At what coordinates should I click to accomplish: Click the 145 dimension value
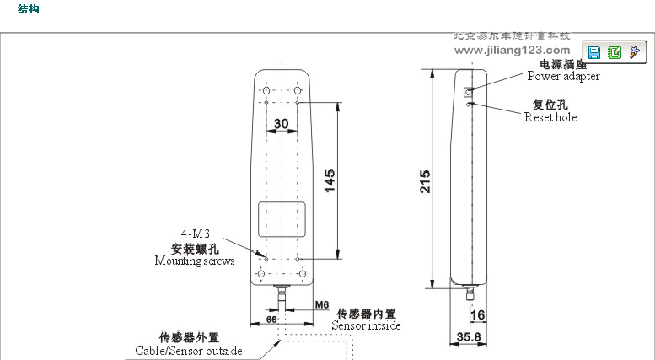(x=330, y=180)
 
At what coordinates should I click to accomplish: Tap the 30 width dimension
(x=282, y=123)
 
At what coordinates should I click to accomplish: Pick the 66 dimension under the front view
(x=271, y=320)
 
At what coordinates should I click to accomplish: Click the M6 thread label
(x=321, y=304)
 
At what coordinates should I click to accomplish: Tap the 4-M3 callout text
(x=195, y=234)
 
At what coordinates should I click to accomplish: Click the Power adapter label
(x=563, y=77)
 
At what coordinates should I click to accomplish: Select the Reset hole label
(x=550, y=118)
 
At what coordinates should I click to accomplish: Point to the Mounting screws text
(x=195, y=261)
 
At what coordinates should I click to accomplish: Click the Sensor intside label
(x=366, y=325)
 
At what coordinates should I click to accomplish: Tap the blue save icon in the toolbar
(x=594, y=52)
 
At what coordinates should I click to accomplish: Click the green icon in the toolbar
(x=615, y=52)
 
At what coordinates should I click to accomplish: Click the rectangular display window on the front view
(x=282, y=220)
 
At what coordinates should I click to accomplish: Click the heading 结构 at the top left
(x=28, y=9)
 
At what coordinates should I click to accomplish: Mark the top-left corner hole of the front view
(x=265, y=89)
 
